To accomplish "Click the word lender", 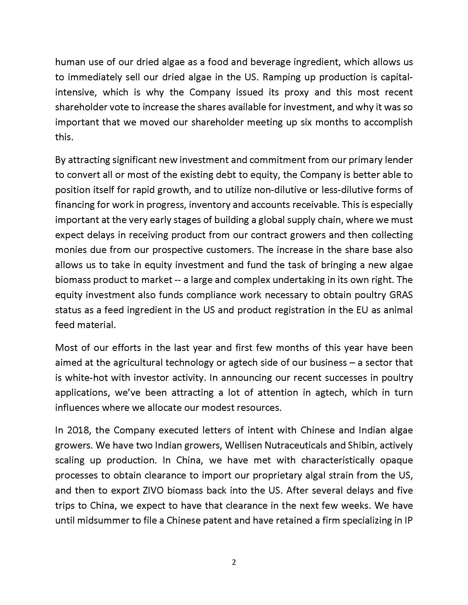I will coord(397,160).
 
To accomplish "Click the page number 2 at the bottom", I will coord(234,562).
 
